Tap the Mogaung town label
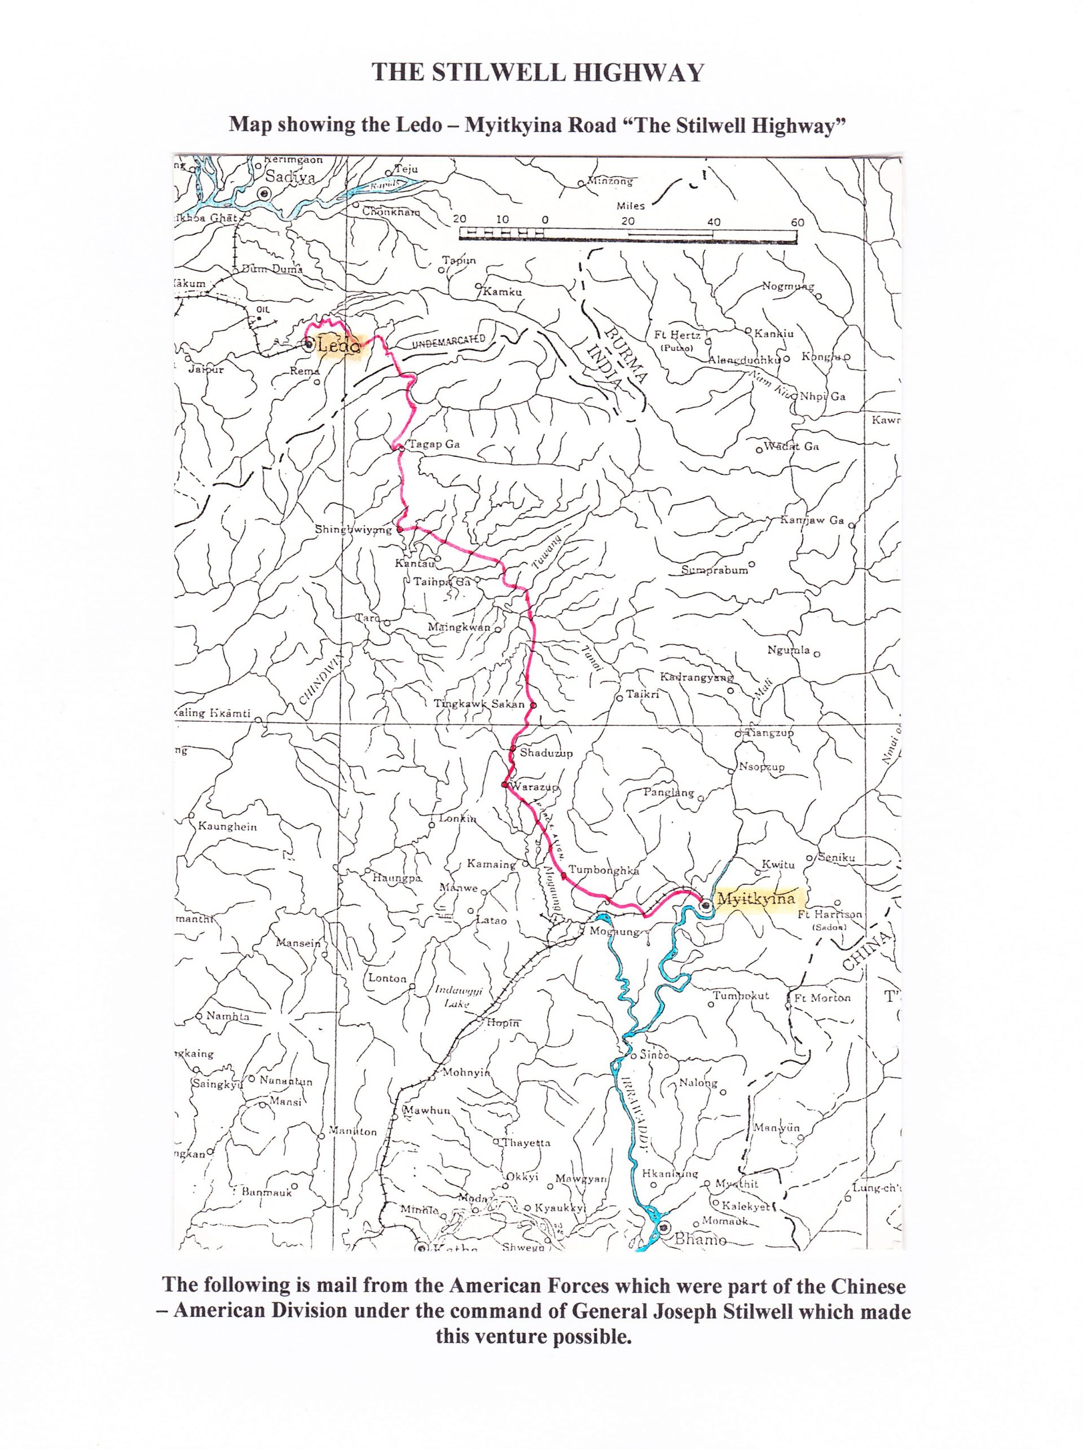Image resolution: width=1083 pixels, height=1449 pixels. pyautogui.click(x=614, y=932)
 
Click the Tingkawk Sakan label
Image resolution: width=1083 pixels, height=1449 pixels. pyautogui.click(x=479, y=704)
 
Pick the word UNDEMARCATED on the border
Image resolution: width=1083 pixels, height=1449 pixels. pyautogui.click(x=449, y=341)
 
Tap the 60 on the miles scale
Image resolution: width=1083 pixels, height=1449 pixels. pyautogui.click(x=796, y=222)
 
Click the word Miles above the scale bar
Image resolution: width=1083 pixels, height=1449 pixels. pyautogui.click(x=630, y=206)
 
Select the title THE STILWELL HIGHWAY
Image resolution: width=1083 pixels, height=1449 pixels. pyautogui.click(x=537, y=73)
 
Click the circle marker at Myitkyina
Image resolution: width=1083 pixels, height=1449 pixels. pyautogui.click(x=706, y=906)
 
